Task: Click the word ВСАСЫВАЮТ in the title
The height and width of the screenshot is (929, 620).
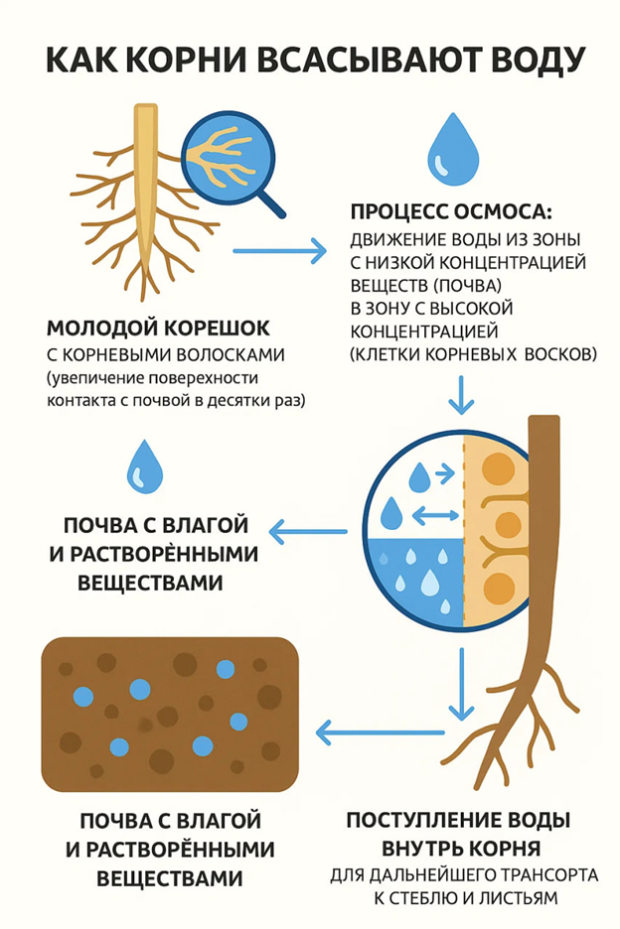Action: [368, 60]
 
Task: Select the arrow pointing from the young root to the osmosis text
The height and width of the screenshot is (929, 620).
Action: [279, 251]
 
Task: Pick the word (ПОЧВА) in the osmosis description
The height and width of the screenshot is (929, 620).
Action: [467, 286]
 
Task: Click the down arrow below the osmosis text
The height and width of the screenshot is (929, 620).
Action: [461, 394]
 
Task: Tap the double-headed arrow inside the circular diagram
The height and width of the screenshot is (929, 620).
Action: [435, 515]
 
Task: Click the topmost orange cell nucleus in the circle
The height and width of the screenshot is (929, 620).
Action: [498, 470]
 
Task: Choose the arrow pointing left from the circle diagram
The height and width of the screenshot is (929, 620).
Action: [308, 531]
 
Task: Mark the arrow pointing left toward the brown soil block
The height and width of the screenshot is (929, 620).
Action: [381, 732]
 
